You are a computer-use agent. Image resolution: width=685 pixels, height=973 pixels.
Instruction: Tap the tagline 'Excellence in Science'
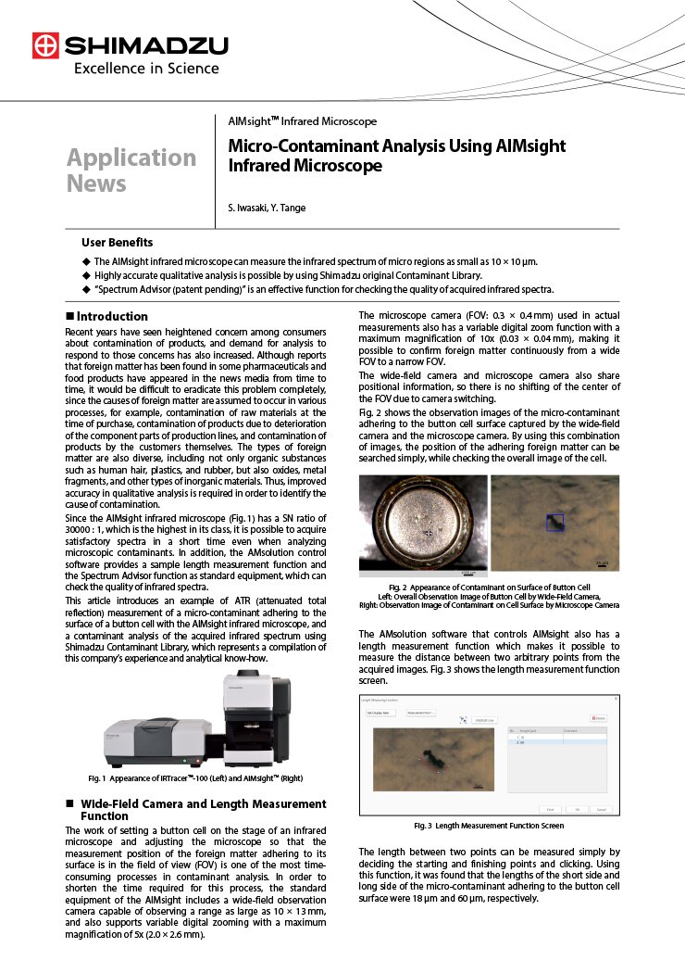(146, 68)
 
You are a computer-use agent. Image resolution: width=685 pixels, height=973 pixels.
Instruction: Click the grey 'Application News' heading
(131, 170)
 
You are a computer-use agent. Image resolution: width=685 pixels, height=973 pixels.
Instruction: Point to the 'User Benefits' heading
(117, 243)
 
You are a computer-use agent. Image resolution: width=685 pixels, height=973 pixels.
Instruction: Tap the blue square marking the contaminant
(554, 523)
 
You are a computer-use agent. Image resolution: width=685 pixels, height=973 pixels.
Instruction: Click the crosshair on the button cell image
(428, 534)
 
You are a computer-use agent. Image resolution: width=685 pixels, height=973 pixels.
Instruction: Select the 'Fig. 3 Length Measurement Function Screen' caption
(488, 825)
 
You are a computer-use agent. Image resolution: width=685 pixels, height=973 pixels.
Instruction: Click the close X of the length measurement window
(616, 696)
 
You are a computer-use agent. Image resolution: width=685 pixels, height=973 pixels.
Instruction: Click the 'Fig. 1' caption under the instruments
(195, 777)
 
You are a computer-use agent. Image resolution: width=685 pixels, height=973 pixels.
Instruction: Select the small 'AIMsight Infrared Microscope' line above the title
(302, 121)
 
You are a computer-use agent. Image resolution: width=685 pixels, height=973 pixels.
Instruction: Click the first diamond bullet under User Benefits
(86, 262)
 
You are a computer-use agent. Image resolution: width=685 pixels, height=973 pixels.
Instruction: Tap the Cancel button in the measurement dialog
(601, 809)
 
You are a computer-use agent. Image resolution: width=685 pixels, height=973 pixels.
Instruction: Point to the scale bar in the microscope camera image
(601, 564)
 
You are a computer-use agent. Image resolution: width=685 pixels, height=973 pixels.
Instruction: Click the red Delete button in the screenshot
(598, 718)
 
